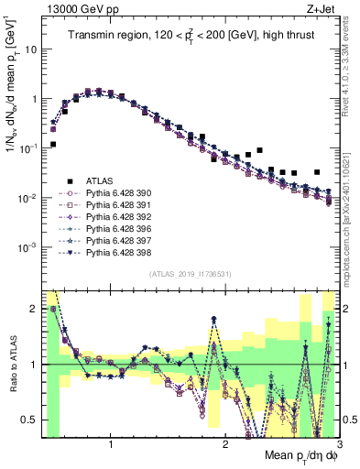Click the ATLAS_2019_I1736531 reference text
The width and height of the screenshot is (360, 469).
click(x=190, y=275)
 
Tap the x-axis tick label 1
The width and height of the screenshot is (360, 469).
click(x=111, y=445)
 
